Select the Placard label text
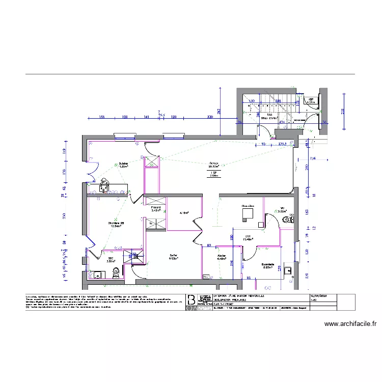coord(156,208)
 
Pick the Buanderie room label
coord(268,265)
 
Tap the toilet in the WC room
coord(289,220)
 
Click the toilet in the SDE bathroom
coord(116,272)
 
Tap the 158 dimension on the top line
coord(102,117)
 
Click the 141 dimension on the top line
coord(146,117)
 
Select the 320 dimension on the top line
coord(209,117)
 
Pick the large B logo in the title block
coord(191,299)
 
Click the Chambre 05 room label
coord(116,225)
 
